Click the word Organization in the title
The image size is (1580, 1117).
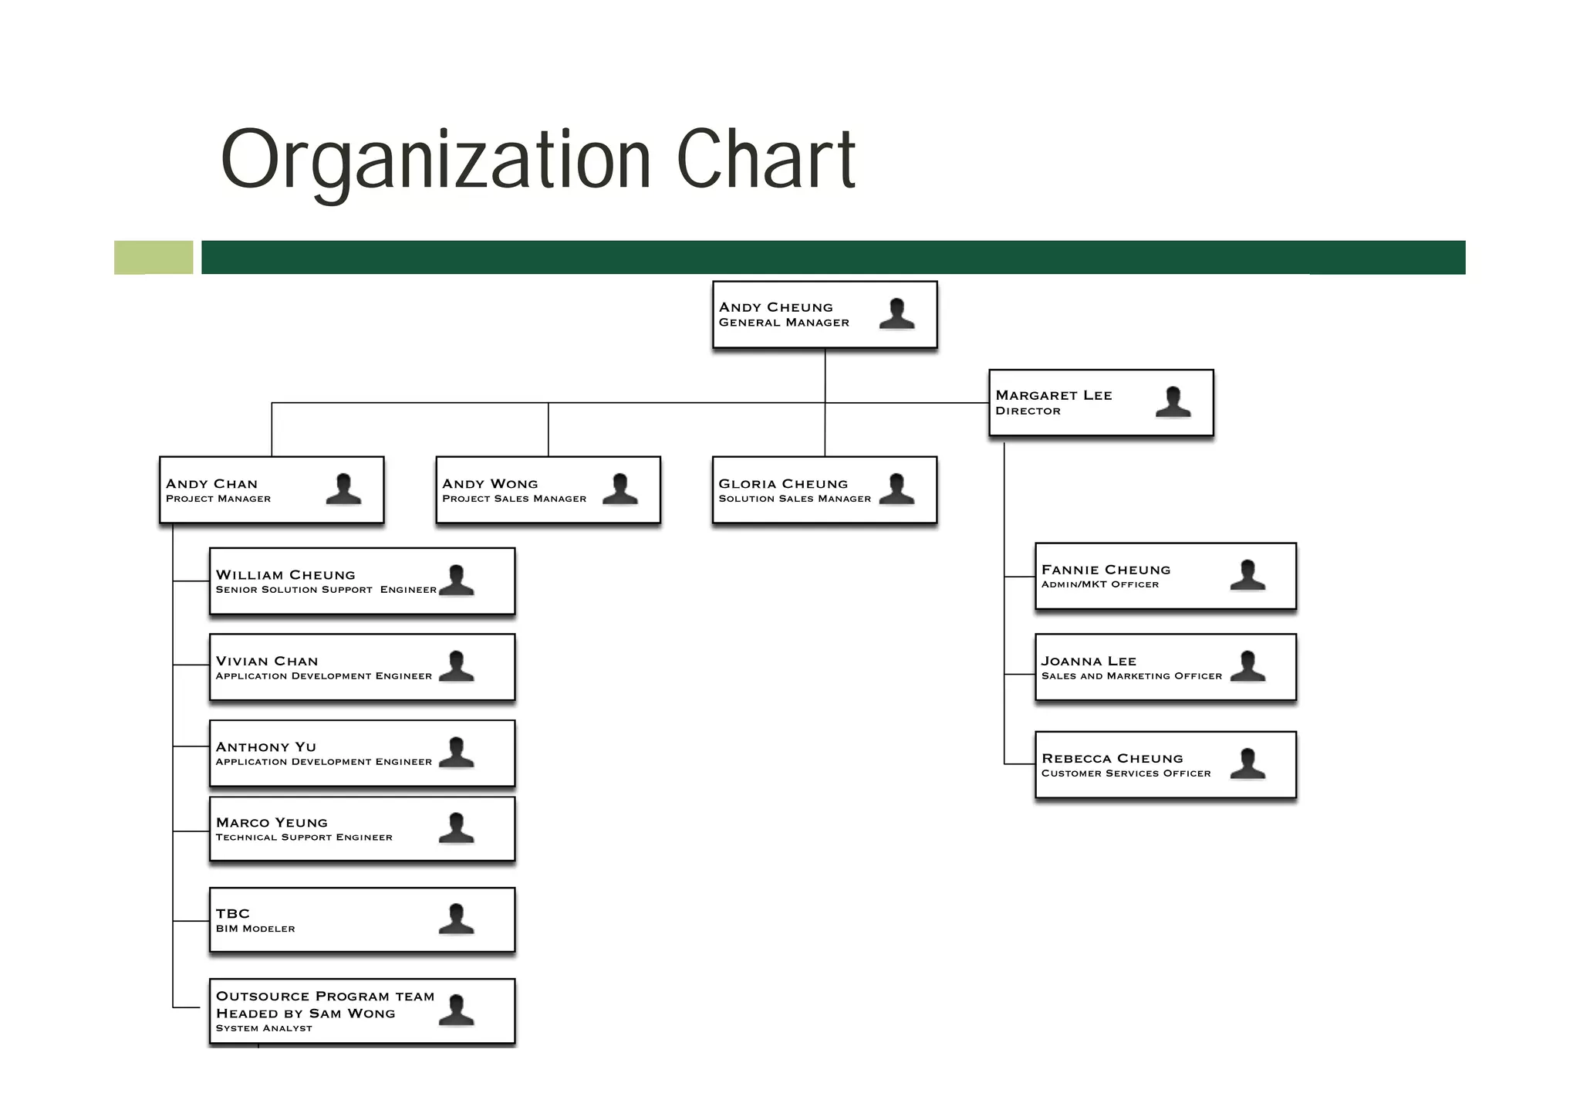tap(436, 160)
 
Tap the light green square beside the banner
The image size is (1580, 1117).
tap(154, 257)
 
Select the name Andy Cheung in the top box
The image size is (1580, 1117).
tap(775, 307)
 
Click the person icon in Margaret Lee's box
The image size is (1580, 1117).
tap(1173, 402)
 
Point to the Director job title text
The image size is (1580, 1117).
tap(1028, 411)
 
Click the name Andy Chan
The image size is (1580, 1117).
tap(211, 484)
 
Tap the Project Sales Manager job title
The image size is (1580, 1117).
tap(514, 499)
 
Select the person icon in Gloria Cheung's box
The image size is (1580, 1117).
tap(896, 489)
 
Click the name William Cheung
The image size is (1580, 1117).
tap(285, 575)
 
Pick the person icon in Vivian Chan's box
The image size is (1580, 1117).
tap(456, 667)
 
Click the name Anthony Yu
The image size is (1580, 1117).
tap(265, 747)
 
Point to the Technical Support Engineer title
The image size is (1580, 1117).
tap(304, 838)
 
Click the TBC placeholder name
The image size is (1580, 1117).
tap(232, 914)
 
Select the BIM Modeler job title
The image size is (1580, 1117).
tap(255, 929)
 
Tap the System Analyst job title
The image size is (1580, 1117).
tap(264, 1028)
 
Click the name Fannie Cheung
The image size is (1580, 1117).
tap(1106, 570)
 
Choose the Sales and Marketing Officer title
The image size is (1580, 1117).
tap(1131, 676)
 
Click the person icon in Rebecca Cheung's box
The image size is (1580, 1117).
tap(1247, 764)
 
